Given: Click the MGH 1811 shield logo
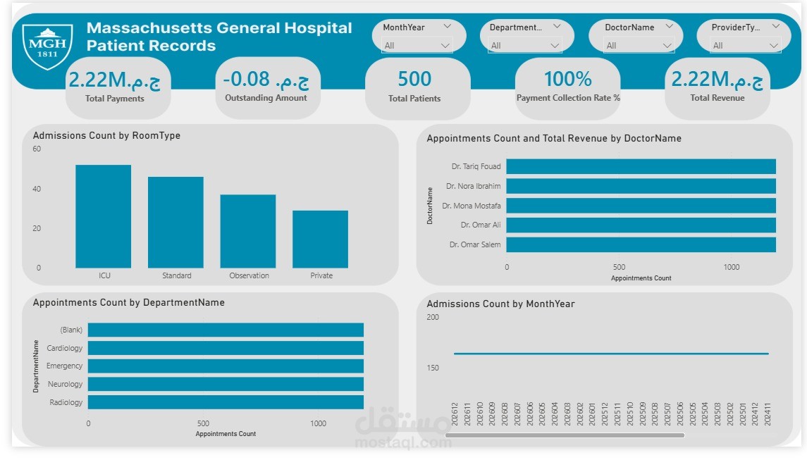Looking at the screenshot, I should click(47, 46).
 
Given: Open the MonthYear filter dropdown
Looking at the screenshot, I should click(417, 46).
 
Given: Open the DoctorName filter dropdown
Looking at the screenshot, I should click(639, 46).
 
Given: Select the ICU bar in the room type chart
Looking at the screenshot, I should click(104, 216).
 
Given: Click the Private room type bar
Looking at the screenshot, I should click(320, 239).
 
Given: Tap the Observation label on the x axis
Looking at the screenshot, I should click(249, 275).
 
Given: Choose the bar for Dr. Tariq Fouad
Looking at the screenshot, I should click(641, 166).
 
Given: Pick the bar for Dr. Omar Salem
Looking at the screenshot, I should click(641, 244).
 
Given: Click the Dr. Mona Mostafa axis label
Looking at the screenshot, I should click(472, 206).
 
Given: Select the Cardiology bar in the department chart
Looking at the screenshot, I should click(226, 348).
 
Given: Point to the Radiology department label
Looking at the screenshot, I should click(66, 402).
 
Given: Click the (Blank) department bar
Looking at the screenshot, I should click(226, 330).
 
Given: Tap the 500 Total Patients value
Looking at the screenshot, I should click(414, 79).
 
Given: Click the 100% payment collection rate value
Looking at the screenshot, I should click(568, 78).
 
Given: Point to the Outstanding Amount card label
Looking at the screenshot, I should click(266, 98).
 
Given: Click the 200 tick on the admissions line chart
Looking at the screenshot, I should click(433, 317).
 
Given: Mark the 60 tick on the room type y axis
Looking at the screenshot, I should click(37, 149).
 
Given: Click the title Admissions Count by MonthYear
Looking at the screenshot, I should click(500, 304).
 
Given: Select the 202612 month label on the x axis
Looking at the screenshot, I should click(455, 413).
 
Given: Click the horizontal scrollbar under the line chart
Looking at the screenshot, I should click(565, 435).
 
